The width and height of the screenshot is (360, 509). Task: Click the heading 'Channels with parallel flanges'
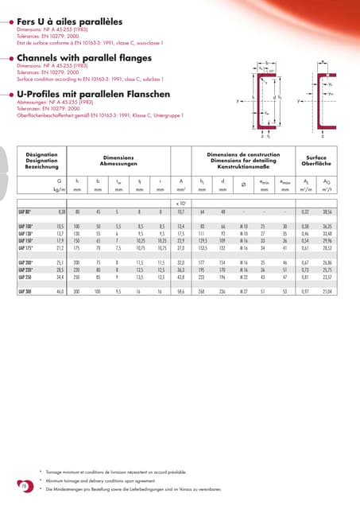pyautogui.click(x=79, y=57)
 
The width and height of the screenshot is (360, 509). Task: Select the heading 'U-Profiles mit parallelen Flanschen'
pyautogui.click(x=92, y=93)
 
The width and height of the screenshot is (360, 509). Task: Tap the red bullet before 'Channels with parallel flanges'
pyautogui.click(x=10, y=57)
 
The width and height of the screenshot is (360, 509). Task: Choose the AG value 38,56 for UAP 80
pyautogui.click(x=327, y=213)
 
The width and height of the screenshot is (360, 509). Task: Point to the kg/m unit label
pyautogui.click(x=58, y=190)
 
